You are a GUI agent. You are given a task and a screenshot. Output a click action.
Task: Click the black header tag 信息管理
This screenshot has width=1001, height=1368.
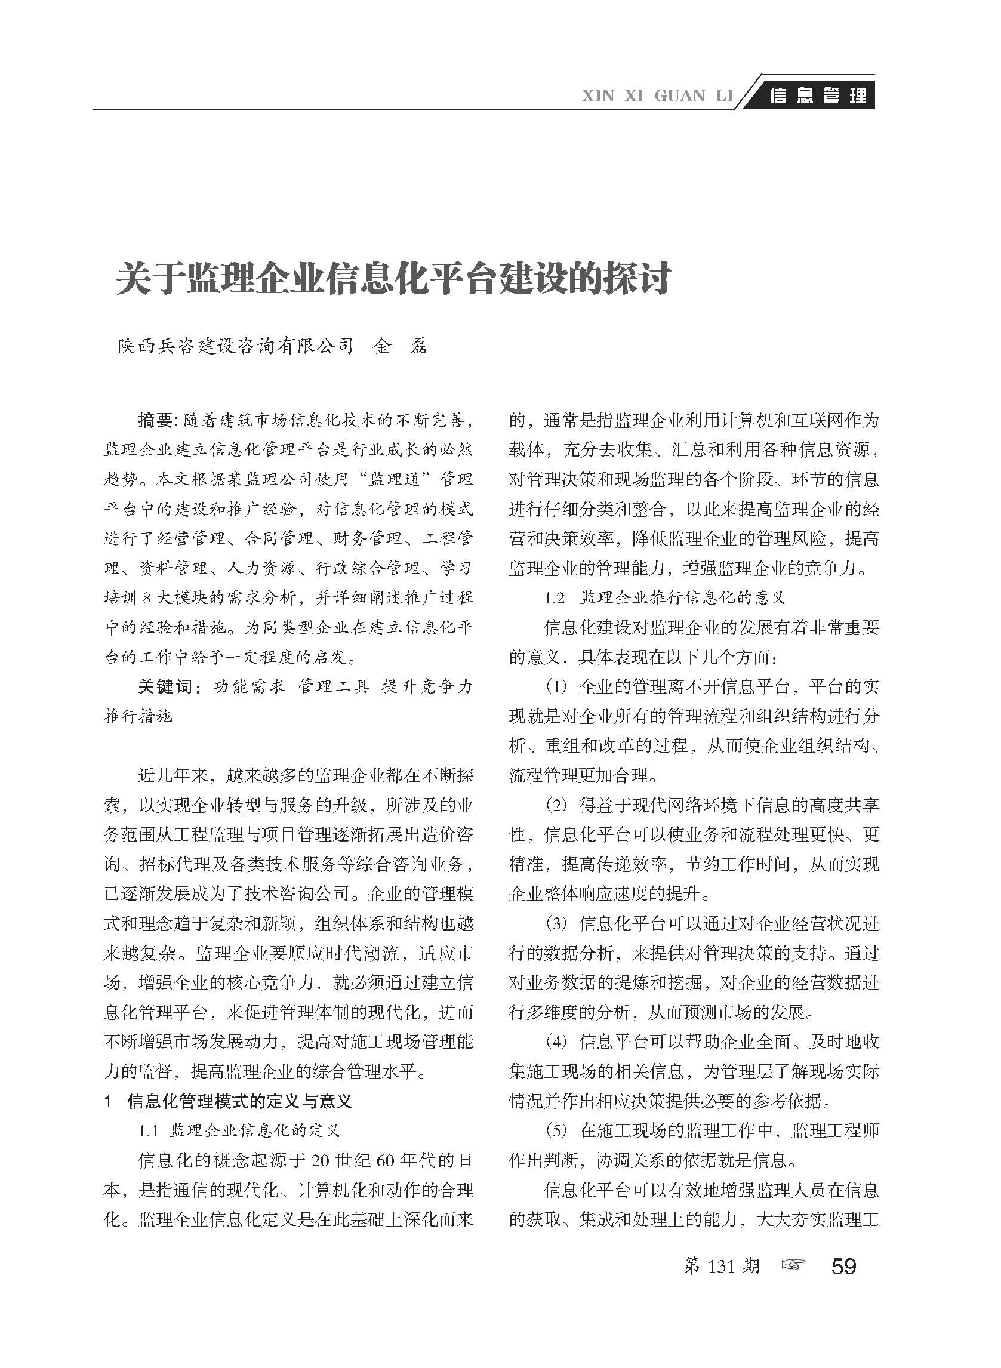pos(817,95)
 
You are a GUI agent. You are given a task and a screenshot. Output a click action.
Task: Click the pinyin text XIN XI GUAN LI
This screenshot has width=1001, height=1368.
pos(657,96)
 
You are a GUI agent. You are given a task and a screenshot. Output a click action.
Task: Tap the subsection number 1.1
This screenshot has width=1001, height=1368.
pos(149,1130)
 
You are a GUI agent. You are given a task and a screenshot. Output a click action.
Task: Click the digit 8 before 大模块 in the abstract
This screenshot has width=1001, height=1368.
pos(146,597)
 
